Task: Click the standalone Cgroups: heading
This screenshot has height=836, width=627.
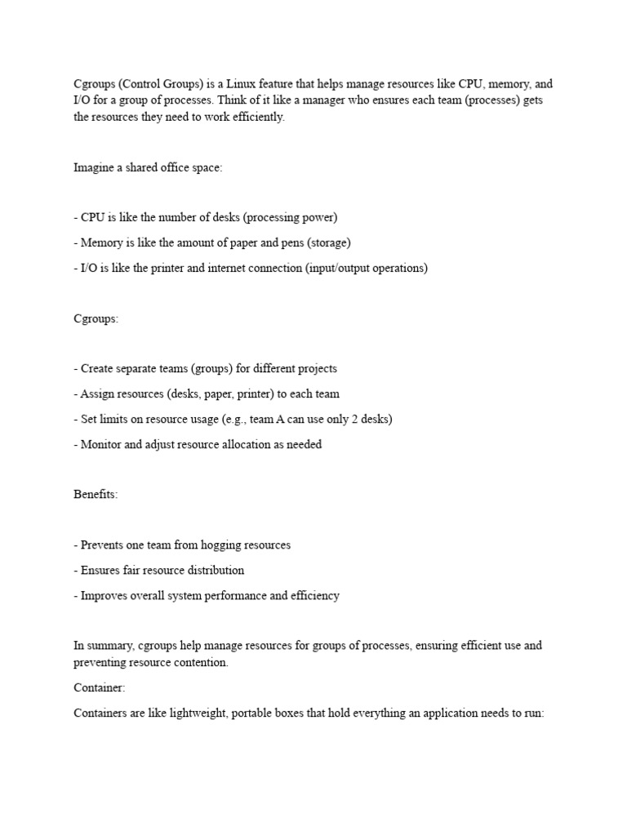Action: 96,318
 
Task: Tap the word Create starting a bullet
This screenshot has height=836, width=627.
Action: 99,368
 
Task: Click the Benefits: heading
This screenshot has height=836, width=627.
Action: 96,495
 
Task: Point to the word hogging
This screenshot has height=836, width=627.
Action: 216,545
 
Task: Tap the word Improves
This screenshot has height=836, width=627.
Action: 105,595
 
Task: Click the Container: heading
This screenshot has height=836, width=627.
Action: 99,688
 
